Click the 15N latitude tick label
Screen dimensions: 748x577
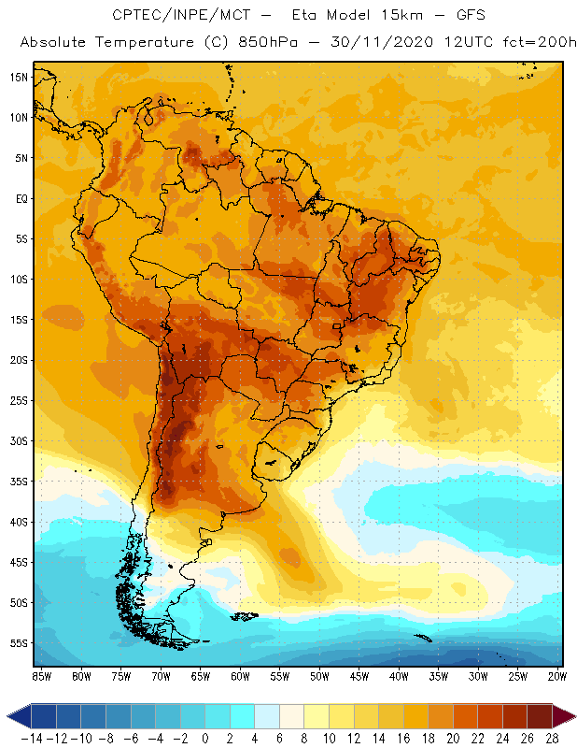click(18, 77)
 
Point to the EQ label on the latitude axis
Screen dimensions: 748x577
click(21, 198)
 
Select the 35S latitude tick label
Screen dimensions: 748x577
click(18, 482)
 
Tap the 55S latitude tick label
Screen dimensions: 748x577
click(18, 643)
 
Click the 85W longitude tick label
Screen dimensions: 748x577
click(41, 676)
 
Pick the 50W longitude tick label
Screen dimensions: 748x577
click(320, 676)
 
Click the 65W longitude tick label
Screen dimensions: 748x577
click(201, 676)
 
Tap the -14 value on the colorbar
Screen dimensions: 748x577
click(31, 738)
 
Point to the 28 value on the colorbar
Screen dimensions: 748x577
click(552, 738)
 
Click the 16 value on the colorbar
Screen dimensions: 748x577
click(404, 738)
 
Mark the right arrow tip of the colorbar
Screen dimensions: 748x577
click(570, 716)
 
